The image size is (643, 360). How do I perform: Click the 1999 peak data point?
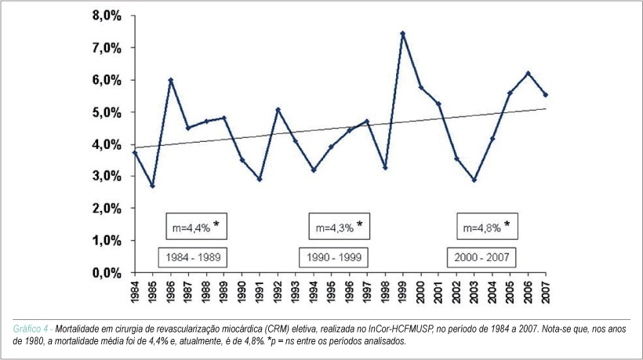coord(403,33)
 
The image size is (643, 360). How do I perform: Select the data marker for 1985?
coord(153,186)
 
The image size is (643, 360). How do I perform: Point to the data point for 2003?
coord(474,180)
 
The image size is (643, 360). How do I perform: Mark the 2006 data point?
coord(528,74)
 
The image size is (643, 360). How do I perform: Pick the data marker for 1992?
coord(278,110)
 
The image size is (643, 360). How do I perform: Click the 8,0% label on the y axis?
coord(107,16)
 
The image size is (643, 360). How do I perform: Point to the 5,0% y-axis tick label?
coord(107,112)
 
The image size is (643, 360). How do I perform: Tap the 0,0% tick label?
coord(107,273)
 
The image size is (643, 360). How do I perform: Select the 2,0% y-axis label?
coord(107,209)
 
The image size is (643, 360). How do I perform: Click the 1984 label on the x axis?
coord(135,293)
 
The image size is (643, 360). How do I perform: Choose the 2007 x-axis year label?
coord(546,293)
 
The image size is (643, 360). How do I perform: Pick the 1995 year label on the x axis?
coord(332,293)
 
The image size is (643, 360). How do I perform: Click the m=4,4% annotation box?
coord(196,227)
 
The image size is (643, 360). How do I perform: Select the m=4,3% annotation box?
coord(339,227)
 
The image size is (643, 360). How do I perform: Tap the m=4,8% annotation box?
coord(487,227)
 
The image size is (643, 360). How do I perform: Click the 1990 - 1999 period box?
coord(333,257)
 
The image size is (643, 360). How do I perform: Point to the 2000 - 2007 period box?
coord(481,257)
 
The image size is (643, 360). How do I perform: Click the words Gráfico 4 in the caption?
coord(31,329)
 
